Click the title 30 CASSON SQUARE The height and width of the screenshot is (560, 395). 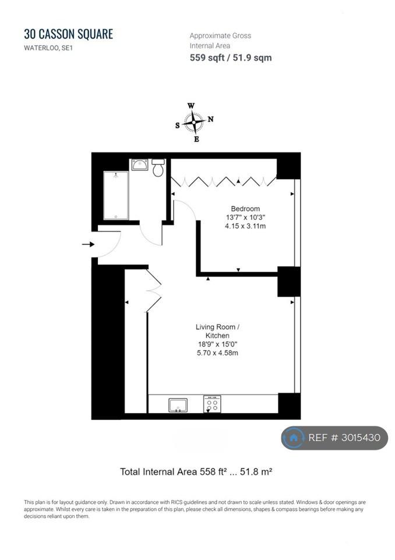[x=69, y=34]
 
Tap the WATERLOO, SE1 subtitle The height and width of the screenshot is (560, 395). [x=48, y=48]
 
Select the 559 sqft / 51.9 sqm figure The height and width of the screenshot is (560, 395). [x=231, y=58]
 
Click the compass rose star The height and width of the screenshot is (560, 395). [x=194, y=122]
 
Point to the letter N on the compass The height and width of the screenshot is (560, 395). [x=210, y=119]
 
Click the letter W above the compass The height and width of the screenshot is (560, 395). [x=191, y=106]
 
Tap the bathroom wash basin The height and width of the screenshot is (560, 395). [x=139, y=164]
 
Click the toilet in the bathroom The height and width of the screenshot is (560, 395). [x=158, y=167]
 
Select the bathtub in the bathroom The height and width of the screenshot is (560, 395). [x=115, y=195]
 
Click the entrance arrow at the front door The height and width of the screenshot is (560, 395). [x=88, y=244]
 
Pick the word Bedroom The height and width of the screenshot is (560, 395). [x=245, y=209]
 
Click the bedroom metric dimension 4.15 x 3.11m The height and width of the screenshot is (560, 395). [x=245, y=226]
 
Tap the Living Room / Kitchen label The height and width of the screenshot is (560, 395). [x=217, y=331]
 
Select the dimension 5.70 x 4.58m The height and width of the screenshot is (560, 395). [x=217, y=353]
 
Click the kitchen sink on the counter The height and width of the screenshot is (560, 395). [x=178, y=405]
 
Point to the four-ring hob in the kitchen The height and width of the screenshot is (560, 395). [x=212, y=404]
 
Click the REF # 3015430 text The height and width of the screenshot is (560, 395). [x=344, y=438]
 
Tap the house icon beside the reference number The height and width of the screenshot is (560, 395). [x=293, y=438]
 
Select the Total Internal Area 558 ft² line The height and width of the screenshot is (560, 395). [x=196, y=472]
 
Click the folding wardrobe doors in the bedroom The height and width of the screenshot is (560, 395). [x=224, y=181]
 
